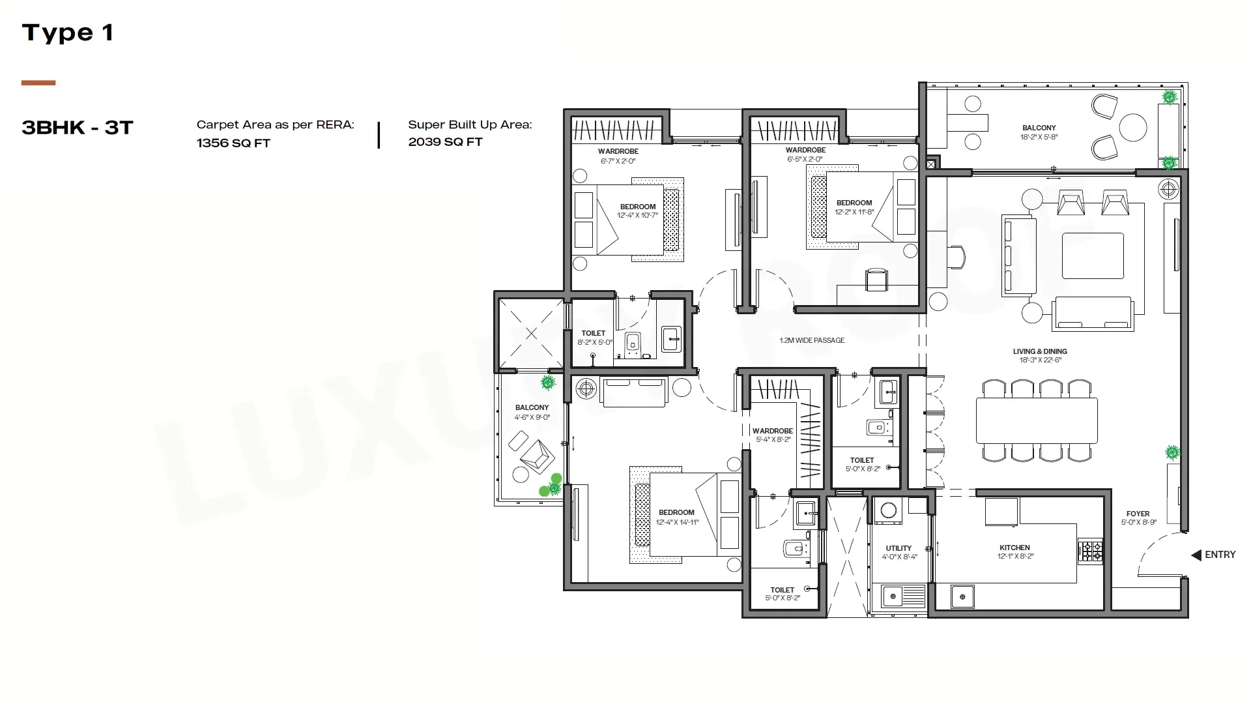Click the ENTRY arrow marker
tap(1196, 555)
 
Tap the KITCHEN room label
tap(1015, 548)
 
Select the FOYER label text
tap(1138, 514)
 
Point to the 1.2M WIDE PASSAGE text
tap(812, 340)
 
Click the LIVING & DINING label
tap(1040, 351)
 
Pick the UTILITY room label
tap(899, 548)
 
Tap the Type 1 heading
tap(68, 33)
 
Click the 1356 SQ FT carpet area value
tap(233, 143)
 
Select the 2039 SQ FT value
tap(445, 141)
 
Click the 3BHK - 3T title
tap(78, 127)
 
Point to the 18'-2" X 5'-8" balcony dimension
tap(1039, 137)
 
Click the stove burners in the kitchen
tap(1090, 551)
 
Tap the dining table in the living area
tap(1037, 420)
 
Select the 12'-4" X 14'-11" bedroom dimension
tap(677, 522)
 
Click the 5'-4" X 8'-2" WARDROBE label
tap(773, 435)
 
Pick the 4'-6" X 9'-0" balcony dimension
tap(532, 417)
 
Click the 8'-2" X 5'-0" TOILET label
tap(594, 338)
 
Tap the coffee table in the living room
tap(1093, 256)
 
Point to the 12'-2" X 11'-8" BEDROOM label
tap(854, 207)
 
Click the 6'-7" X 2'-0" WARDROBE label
tap(618, 156)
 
